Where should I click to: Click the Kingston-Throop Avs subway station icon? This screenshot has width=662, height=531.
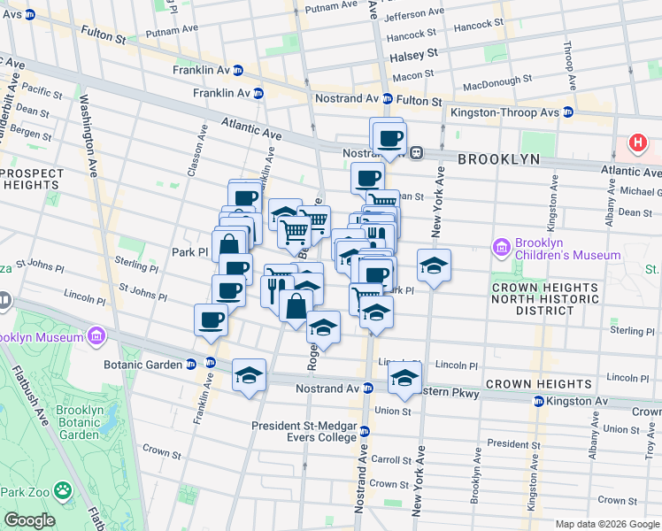[x=568, y=112]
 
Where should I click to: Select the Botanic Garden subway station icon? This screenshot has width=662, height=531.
[x=211, y=363]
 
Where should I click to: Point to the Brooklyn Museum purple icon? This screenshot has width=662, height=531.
[x=96, y=336]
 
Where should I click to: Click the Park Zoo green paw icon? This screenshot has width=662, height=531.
[x=62, y=490]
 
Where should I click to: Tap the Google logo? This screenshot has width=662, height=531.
[x=28, y=520]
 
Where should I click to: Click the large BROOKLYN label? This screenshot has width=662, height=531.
[x=498, y=159]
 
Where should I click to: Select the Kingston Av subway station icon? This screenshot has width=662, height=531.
[x=536, y=402]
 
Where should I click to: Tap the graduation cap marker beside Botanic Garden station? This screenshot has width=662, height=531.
[x=250, y=374]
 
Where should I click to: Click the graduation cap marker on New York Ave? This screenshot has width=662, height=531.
[x=433, y=265]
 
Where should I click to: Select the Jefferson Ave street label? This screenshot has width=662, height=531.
[x=418, y=15]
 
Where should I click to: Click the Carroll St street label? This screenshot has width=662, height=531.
[x=389, y=460]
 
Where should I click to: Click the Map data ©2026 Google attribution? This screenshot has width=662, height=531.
[x=606, y=524]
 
